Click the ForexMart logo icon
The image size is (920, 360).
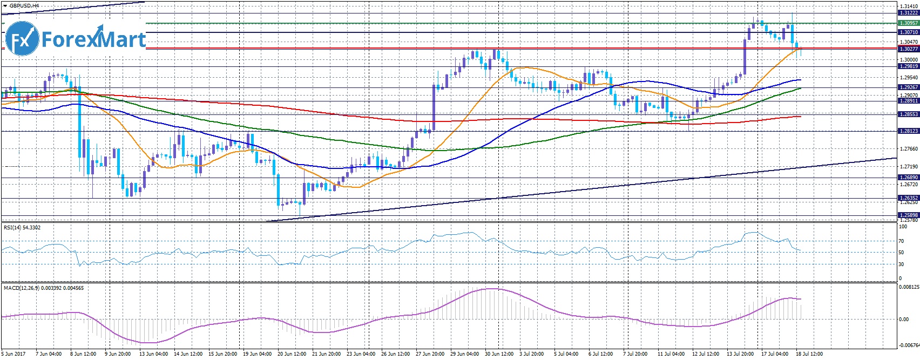(22, 38)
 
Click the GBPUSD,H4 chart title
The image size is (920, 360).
(24, 6)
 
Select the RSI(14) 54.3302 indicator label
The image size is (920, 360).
(22, 228)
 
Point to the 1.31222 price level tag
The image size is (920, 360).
(908, 13)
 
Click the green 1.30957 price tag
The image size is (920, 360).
(908, 23)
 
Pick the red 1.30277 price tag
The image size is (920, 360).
(908, 49)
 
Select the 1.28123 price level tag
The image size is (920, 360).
(908, 131)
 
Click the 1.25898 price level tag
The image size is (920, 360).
(908, 215)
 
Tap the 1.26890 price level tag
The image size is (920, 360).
(908, 178)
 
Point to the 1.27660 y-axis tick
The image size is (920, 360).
(908, 149)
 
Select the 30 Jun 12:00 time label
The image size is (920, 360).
(500, 354)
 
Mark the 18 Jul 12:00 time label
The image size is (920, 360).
(809, 354)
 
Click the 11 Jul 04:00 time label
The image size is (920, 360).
(671, 354)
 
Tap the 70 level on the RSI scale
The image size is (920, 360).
(901, 241)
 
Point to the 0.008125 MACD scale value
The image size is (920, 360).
(908, 288)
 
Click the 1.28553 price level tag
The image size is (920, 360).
(908, 114)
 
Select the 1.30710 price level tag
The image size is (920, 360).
(908, 32)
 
